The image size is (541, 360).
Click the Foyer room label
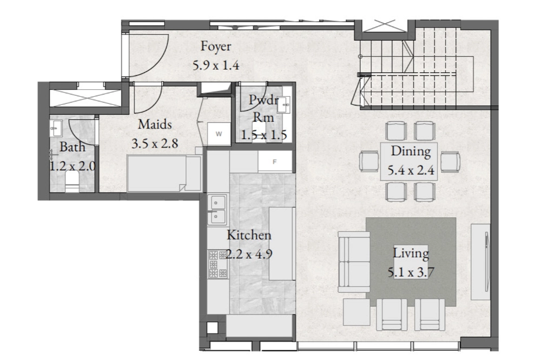[x=216, y=46]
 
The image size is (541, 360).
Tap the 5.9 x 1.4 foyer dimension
[x=216, y=65]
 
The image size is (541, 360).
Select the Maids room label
[x=155, y=124]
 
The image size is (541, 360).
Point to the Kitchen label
[x=249, y=235]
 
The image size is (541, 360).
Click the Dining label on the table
[x=411, y=151]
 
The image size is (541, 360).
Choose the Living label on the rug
[x=411, y=254]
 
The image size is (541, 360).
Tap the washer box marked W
[x=219, y=134]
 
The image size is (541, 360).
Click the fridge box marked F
[x=275, y=162]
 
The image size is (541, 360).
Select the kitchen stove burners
[x=217, y=264]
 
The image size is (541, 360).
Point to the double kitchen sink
[x=217, y=210]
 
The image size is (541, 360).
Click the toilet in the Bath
[x=72, y=182]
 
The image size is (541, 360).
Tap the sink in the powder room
[x=284, y=105]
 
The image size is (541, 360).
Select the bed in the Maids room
[x=164, y=174]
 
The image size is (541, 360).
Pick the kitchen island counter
[x=282, y=243]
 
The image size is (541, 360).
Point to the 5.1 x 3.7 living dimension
[x=411, y=272]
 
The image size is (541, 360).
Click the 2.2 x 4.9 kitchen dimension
[x=249, y=254]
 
